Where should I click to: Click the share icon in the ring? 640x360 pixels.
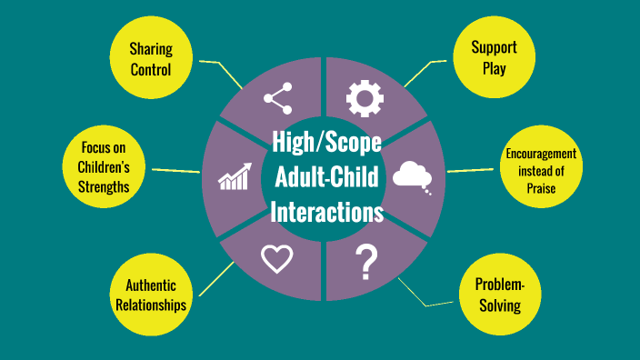[277, 97]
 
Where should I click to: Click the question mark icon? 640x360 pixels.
[366, 262]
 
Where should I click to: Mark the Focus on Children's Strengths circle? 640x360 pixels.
[105, 168]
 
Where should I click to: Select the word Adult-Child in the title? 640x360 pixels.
[326, 178]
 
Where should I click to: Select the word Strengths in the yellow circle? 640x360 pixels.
[105, 186]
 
